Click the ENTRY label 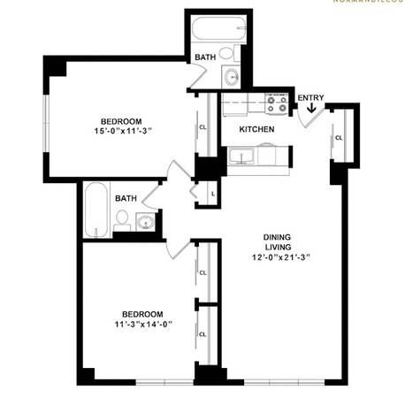tap(310, 97)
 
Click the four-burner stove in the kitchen tap(277, 104)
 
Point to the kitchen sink tap(241, 157)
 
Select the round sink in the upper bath tap(233, 77)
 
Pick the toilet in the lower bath tap(122, 220)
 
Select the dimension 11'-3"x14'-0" tap(141, 324)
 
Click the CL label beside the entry tap(340, 138)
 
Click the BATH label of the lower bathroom tap(126, 199)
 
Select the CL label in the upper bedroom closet tap(203, 126)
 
